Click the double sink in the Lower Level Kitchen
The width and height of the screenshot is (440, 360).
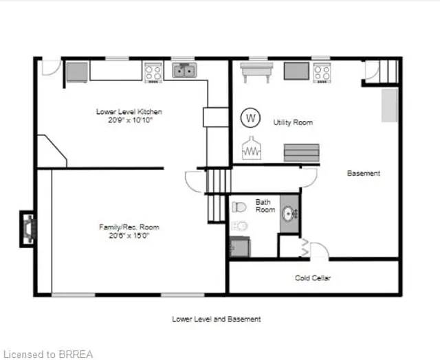click(184, 69)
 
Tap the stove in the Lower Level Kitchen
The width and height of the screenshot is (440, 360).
click(153, 71)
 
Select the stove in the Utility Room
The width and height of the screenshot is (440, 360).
click(322, 71)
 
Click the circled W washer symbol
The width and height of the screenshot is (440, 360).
click(251, 117)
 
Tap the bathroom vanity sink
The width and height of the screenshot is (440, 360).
click(289, 213)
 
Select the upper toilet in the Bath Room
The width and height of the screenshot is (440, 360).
click(239, 206)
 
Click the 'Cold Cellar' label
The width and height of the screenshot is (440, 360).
click(313, 278)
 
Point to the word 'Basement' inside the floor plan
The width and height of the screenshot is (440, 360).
click(364, 174)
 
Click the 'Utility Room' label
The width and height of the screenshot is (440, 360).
click(293, 122)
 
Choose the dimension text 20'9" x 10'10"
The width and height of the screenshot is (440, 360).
click(130, 120)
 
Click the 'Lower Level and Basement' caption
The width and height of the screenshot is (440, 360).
click(216, 319)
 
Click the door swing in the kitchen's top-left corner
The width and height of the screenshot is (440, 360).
click(50, 67)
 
